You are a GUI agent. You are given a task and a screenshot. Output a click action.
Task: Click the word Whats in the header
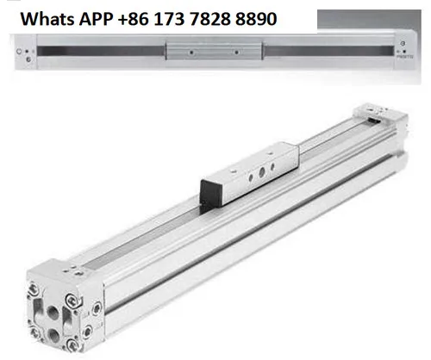click(48, 19)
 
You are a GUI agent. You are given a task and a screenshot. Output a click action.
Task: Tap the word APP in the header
click(96, 20)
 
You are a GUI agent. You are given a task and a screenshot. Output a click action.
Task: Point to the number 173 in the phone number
click(170, 19)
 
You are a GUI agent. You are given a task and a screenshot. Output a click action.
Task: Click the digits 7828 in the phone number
click(210, 19)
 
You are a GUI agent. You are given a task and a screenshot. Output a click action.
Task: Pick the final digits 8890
click(256, 19)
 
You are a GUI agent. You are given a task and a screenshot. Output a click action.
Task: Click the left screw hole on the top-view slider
click(191, 53)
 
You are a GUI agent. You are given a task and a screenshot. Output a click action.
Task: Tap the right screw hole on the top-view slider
click(236, 53)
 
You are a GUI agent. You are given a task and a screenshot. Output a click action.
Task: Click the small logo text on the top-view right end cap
click(405, 57)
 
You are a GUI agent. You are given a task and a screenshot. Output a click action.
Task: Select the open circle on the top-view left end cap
click(19, 52)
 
